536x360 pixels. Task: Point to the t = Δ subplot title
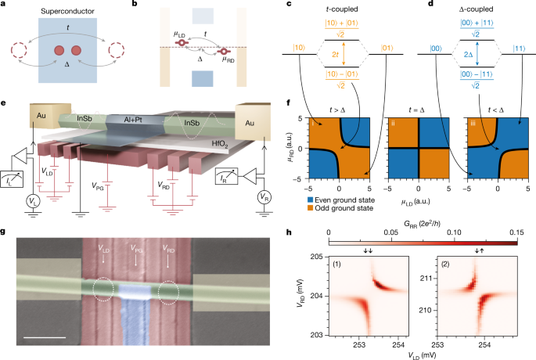coord(419,105)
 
